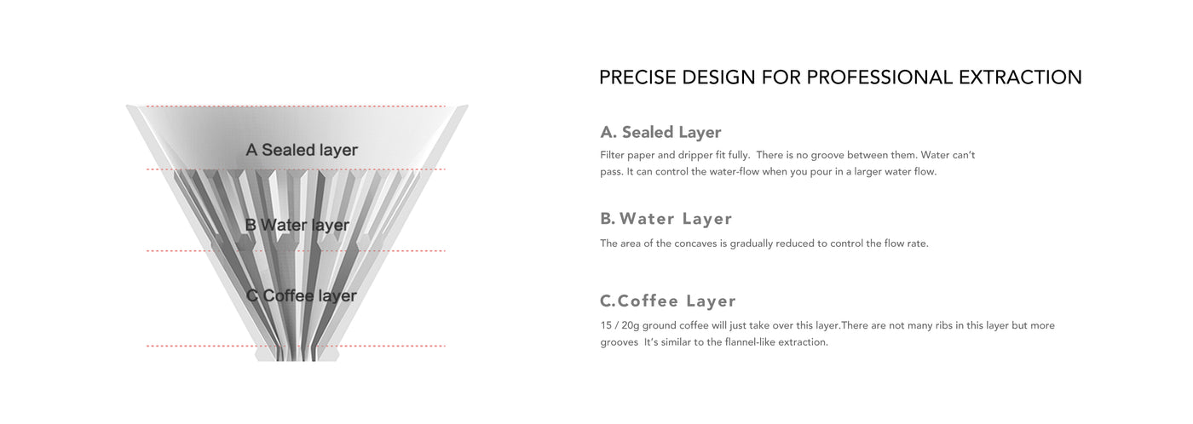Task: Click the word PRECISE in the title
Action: [637, 77]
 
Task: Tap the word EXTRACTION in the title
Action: [1020, 77]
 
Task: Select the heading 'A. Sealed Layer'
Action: [660, 132]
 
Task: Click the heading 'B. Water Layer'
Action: [666, 219]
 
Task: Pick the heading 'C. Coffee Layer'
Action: [668, 301]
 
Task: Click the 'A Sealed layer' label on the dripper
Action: [302, 150]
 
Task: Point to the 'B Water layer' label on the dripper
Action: [297, 225]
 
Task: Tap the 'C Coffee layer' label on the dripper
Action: [302, 295]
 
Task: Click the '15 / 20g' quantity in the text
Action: [620, 325]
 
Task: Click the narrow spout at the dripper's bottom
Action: [297, 354]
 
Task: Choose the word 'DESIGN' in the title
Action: [718, 77]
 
